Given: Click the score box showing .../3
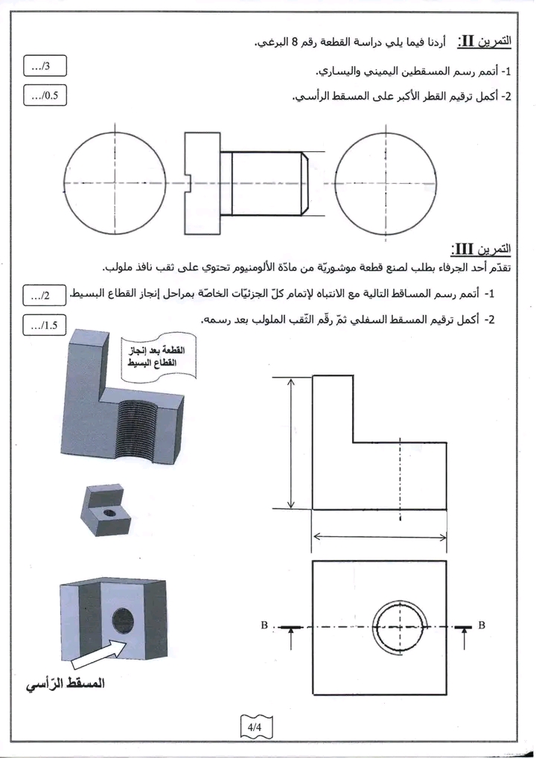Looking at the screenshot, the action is (x=45, y=66).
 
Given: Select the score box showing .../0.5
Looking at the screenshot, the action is (x=45, y=95).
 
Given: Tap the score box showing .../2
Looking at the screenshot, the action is (x=45, y=295).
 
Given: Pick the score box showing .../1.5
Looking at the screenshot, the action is (x=45, y=325).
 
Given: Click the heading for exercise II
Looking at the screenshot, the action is (x=485, y=41).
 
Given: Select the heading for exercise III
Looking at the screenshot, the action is (x=481, y=249).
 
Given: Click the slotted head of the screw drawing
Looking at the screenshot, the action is (x=202, y=183).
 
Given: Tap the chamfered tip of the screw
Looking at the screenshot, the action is (x=306, y=182).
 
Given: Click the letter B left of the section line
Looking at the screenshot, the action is (x=264, y=625).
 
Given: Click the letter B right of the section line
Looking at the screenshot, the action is (x=482, y=625).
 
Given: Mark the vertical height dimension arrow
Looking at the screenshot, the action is (x=290, y=443).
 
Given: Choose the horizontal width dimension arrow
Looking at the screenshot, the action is (x=380, y=537).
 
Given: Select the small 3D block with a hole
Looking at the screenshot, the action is (x=106, y=509).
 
